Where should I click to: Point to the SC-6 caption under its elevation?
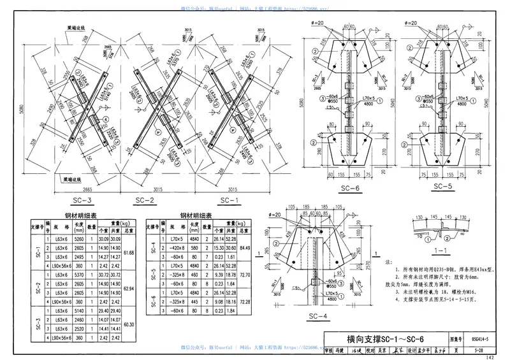click(x=349, y=189)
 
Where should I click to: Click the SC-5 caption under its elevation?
click(x=442, y=187)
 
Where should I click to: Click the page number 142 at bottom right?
click(x=489, y=357)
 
